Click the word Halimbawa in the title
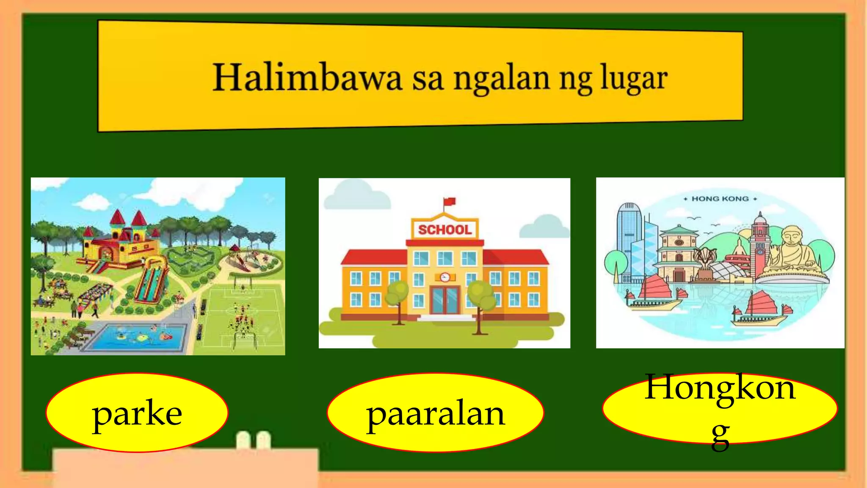(307, 78)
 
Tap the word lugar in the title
(634, 79)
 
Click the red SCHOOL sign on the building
(445, 230)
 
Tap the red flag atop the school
(449, 202)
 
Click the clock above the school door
(445, 277)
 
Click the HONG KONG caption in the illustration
(720, 199)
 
